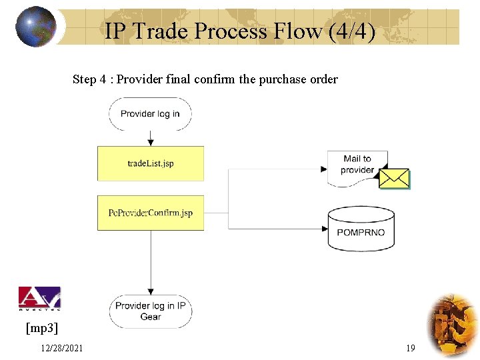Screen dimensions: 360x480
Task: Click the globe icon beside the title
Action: click(35, 27)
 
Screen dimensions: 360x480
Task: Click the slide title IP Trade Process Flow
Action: click(213, 30)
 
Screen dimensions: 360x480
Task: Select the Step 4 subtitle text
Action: click(205, 79)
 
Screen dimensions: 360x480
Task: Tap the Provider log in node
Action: click(150, 114)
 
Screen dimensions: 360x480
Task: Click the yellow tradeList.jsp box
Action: click(151, 163)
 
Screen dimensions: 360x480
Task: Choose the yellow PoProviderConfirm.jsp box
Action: click(151, 213)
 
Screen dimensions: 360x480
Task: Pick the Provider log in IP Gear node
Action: click(150, 311)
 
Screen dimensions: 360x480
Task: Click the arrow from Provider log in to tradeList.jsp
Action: click(151, 138)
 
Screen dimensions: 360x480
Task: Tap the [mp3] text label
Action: click(41, 328)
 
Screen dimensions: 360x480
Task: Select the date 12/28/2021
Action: click(61, 348)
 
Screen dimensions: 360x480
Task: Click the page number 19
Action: click(410, 348)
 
